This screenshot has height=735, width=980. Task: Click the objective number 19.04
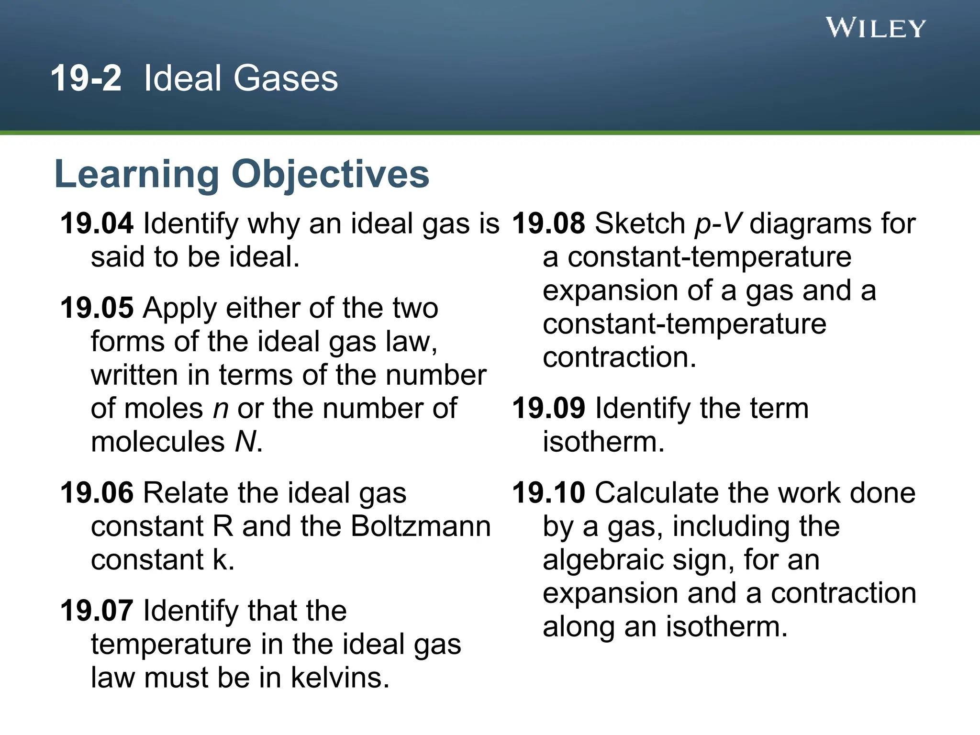[x=97, y=223]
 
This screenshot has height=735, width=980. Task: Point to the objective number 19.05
[x=97, y=308]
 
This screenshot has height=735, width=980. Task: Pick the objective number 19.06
[x=97, y=493]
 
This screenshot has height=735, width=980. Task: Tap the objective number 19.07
[x=97, y=611]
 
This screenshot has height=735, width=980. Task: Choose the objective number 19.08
[x=548, y=223]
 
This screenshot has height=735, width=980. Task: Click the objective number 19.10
[x=548, y=493]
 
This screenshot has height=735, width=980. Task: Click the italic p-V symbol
[x=718, y=224]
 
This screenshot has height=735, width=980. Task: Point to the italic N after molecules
[x=246, y=441]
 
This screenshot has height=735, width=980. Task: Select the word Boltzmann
[x=421, y=526]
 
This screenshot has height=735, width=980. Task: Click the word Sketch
[x=640, y=223]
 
